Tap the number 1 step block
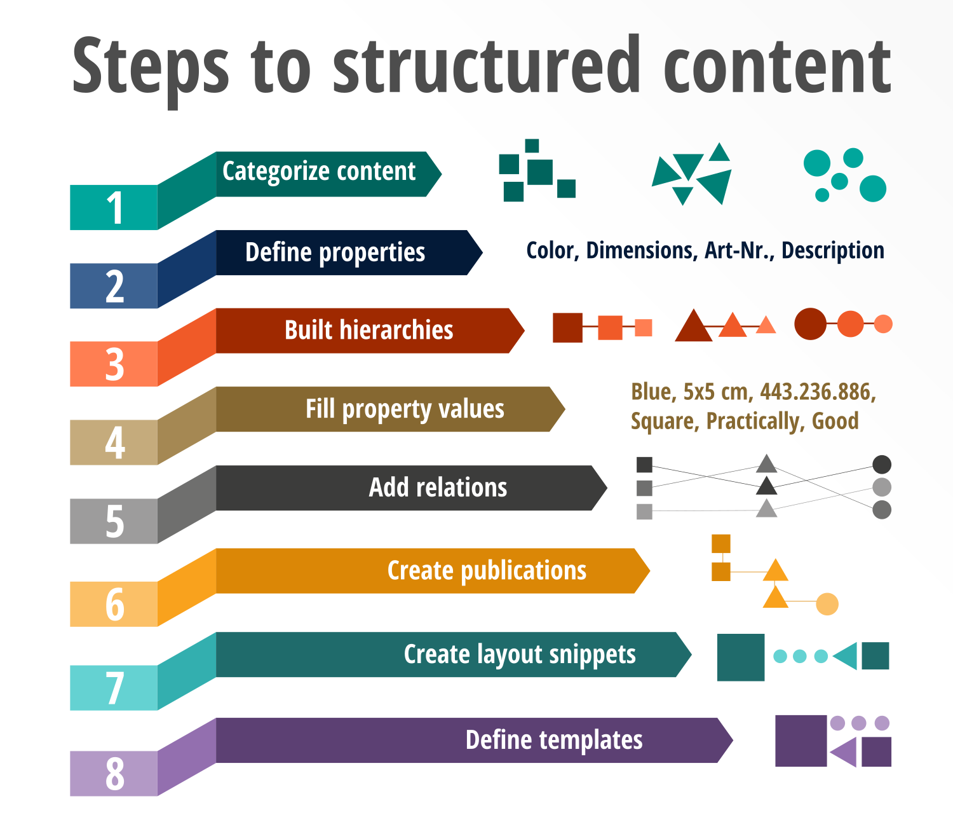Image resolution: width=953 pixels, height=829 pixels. (x=114, y=207)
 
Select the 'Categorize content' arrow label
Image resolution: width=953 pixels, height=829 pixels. (x=319, y=172)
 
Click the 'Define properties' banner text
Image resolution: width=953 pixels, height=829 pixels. (x=335, y=252)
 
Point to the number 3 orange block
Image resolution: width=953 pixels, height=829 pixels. (x=114, y=364)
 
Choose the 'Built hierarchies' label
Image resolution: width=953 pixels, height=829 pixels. (x=368, y=331)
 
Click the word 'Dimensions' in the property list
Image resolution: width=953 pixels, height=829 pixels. (x=640, y=250)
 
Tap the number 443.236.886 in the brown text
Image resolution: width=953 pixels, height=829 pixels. (x=818, y=392)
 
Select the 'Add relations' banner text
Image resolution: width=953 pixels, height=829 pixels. (x=438, y=488)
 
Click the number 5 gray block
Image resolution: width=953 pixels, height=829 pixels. (x=114, y=521)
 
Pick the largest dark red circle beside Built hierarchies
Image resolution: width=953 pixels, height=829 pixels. (x=810, y=324)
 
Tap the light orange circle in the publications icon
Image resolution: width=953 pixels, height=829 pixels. (x=827, y=604)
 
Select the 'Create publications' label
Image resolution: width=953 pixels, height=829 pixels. (x=487, y=571)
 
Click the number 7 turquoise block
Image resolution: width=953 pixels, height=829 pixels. (x=114, y=688)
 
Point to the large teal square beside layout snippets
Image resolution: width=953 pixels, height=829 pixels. (x=740, y=657)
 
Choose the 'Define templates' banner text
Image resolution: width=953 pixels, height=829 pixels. (x=554, y=740)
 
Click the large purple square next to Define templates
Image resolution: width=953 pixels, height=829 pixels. (x=801, y=741)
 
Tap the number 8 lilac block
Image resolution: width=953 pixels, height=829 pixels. (x=114, y=774)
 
